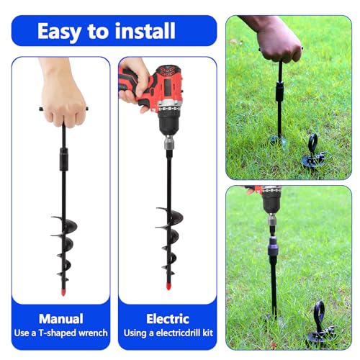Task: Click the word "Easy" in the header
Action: click(61, 31)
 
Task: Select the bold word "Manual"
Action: click(61, 318)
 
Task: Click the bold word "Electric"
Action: click(167, 318)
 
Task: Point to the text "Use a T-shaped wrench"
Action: click(61, 333)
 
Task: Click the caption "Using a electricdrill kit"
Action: click(167, 333)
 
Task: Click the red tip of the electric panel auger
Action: click(167, 286)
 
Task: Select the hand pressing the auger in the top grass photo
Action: click(276, 40)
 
